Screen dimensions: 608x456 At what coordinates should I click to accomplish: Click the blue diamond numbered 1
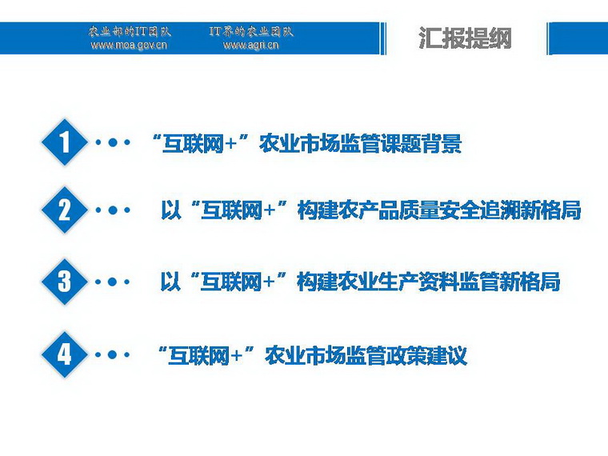pyautogui.click(x=65, y=142)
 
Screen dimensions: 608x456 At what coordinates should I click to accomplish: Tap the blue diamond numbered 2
pyautogui.click(x=65, y=210)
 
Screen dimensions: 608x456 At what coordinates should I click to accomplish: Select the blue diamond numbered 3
pyautogui.click(x=65, y=282)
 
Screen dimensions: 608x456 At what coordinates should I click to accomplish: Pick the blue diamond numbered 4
pyautogui.click(x=65, y=354)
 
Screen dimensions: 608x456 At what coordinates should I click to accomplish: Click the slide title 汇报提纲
pyautogui.click(x=466, y=38)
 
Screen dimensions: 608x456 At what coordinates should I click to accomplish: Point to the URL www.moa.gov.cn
pyautogui.click(x=129, y=45)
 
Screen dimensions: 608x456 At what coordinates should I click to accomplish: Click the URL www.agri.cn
pyautogui.click(x=251, y=45)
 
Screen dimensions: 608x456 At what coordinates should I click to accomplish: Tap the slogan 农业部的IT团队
pyautogui.click(x=130, y=32)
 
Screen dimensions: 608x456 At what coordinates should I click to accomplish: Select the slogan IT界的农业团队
pyautogui.click(x=251, y=32)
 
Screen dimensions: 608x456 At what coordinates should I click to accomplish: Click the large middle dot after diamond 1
pyautogui.click(x=113, y=142)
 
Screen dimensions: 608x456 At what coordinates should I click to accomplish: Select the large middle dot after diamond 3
pyautogui.click(x=113, y=282)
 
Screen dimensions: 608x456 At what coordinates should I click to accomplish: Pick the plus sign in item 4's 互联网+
pyautogui.click(x=236, y=355)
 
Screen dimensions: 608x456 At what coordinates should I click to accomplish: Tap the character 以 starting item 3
pyautogui.click(x=170, y=282)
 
